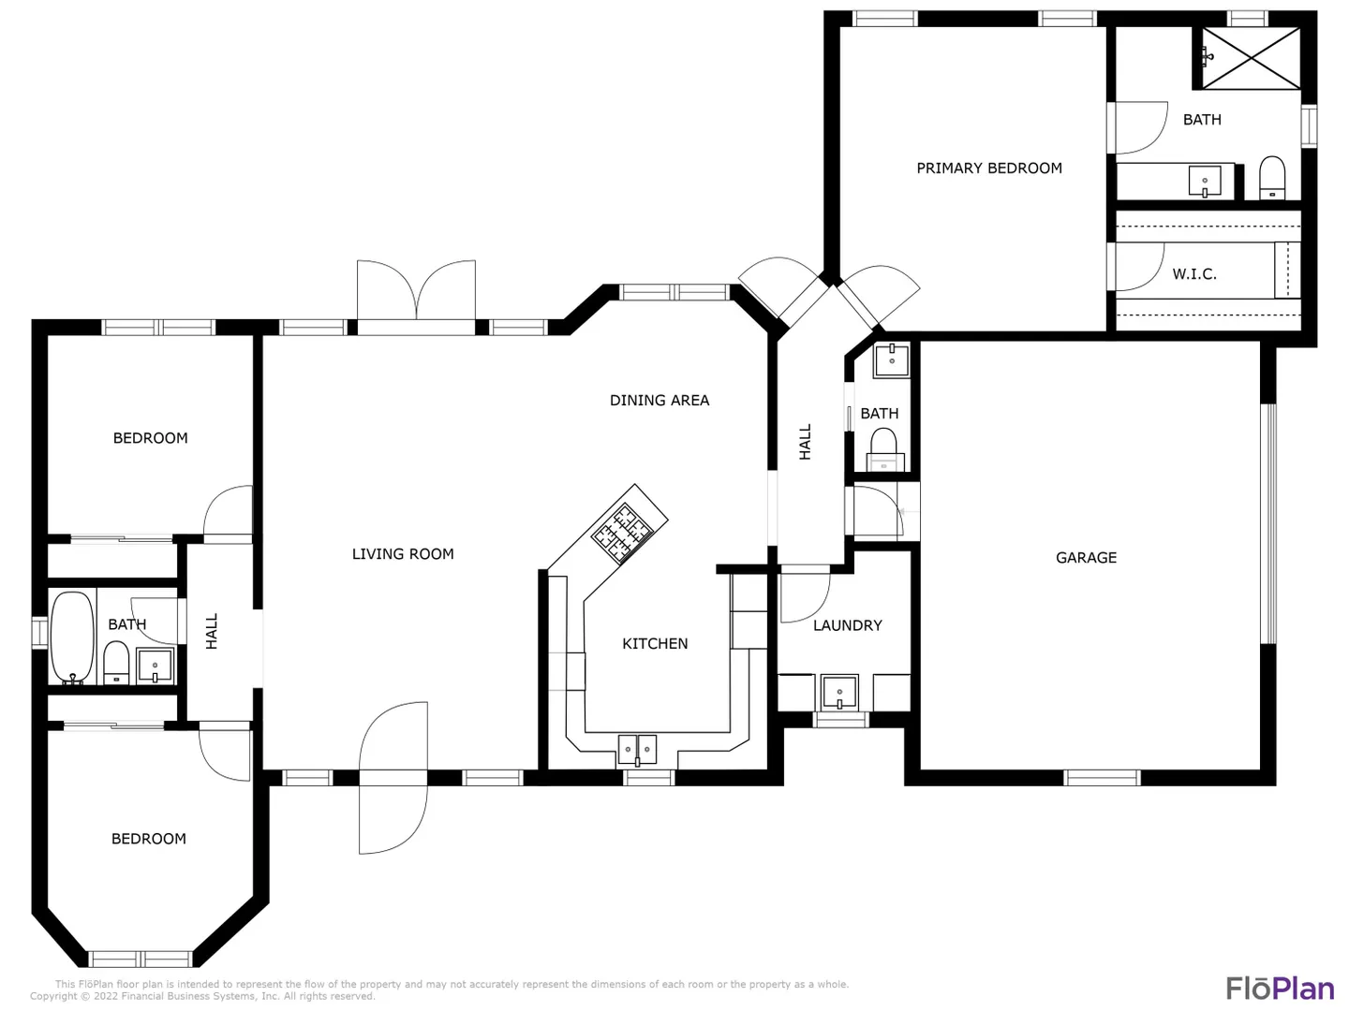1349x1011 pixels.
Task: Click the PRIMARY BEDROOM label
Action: (989, 168)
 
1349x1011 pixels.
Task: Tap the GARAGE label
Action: (1086, 558)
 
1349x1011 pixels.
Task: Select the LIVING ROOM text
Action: (403, 554)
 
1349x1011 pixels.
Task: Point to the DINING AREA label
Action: (660, 401)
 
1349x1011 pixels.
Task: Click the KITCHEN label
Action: (655, 644)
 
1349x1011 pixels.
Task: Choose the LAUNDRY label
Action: (848, 625)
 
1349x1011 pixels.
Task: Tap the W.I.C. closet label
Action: (1194, 274)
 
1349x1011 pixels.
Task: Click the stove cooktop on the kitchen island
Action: (621, 533)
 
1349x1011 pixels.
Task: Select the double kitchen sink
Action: (637, 750)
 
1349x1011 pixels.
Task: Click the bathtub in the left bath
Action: (72, 637)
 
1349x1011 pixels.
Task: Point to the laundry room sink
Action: (839, 693)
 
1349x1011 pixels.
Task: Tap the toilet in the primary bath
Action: (1272, 178)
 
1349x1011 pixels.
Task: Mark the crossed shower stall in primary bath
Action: (1251, 58)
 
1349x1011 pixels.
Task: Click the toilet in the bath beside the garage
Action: (883, 449)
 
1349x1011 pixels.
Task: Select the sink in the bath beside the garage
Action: (891, 359)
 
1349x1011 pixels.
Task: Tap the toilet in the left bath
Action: (115, 663)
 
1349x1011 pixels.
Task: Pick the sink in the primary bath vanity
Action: (1205, 182)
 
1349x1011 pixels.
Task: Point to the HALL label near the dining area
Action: (805, 441)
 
